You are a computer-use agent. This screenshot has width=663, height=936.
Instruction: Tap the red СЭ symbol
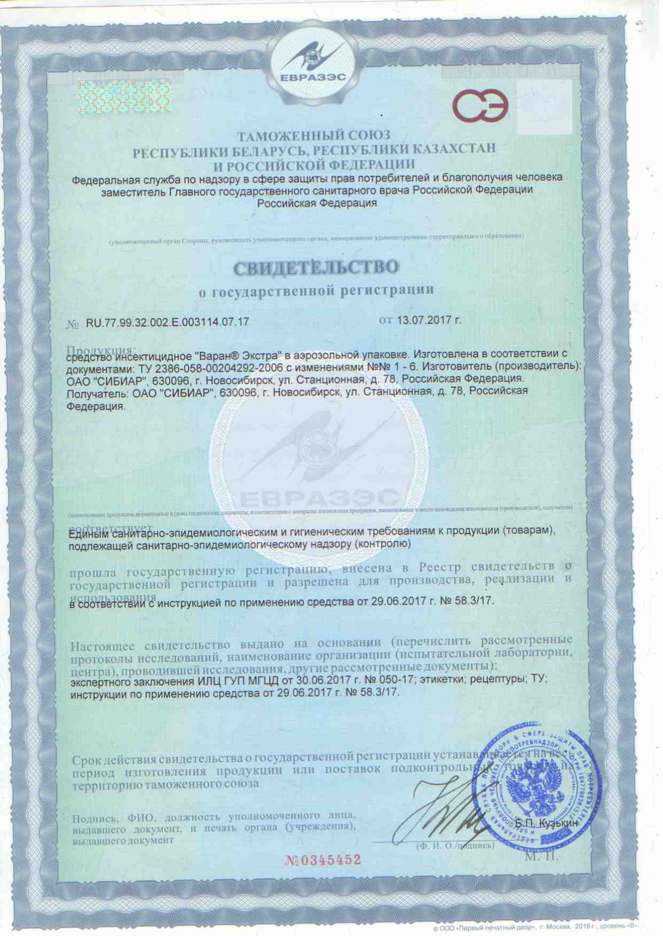click(480, 106)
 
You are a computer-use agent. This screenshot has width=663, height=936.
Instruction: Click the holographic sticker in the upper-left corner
click(124, 97)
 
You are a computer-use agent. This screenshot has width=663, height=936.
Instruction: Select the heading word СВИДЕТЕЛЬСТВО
click(316, 267)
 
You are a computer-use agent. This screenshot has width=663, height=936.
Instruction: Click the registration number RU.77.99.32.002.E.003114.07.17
click(167, 322)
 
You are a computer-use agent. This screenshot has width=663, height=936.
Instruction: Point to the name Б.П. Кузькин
click(546, 824)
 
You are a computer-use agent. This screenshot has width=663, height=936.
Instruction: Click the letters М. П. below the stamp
click(541, 856)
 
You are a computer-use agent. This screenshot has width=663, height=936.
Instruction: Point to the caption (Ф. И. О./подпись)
click(455, 846)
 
